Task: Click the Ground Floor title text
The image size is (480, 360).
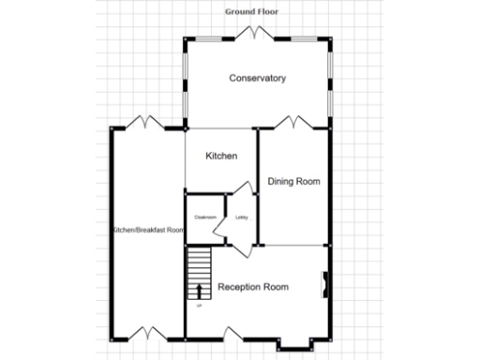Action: [257, 11]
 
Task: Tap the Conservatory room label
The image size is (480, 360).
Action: [258, 78]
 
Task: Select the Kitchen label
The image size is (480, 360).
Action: [221, 156]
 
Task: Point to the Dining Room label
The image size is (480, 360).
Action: [294, 181]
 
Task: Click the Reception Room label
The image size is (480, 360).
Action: [253, 287]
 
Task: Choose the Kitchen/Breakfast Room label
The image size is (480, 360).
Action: [147, 230]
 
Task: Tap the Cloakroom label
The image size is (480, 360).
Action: [205, 217]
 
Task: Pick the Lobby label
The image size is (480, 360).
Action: [241, 217]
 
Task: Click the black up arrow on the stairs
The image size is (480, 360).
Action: [199, 290]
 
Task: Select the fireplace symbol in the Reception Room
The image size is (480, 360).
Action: [325, 283]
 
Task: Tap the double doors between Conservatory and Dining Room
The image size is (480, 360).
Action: [293, 123]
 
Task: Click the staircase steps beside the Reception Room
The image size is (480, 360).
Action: [199, 272]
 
